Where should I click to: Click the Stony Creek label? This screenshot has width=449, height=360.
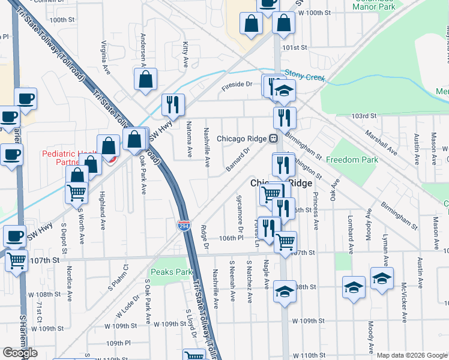(304, 77)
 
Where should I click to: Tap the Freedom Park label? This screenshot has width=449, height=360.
(352, 160)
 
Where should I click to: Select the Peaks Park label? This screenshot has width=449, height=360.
(172, 272)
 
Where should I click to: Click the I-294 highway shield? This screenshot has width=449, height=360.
(184, 225)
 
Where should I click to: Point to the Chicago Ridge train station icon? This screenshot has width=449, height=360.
(273, 139)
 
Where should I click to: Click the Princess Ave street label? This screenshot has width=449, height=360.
(315, 211)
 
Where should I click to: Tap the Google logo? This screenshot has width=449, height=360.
(20, 353)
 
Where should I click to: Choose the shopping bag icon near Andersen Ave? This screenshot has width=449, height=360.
(145, 79)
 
